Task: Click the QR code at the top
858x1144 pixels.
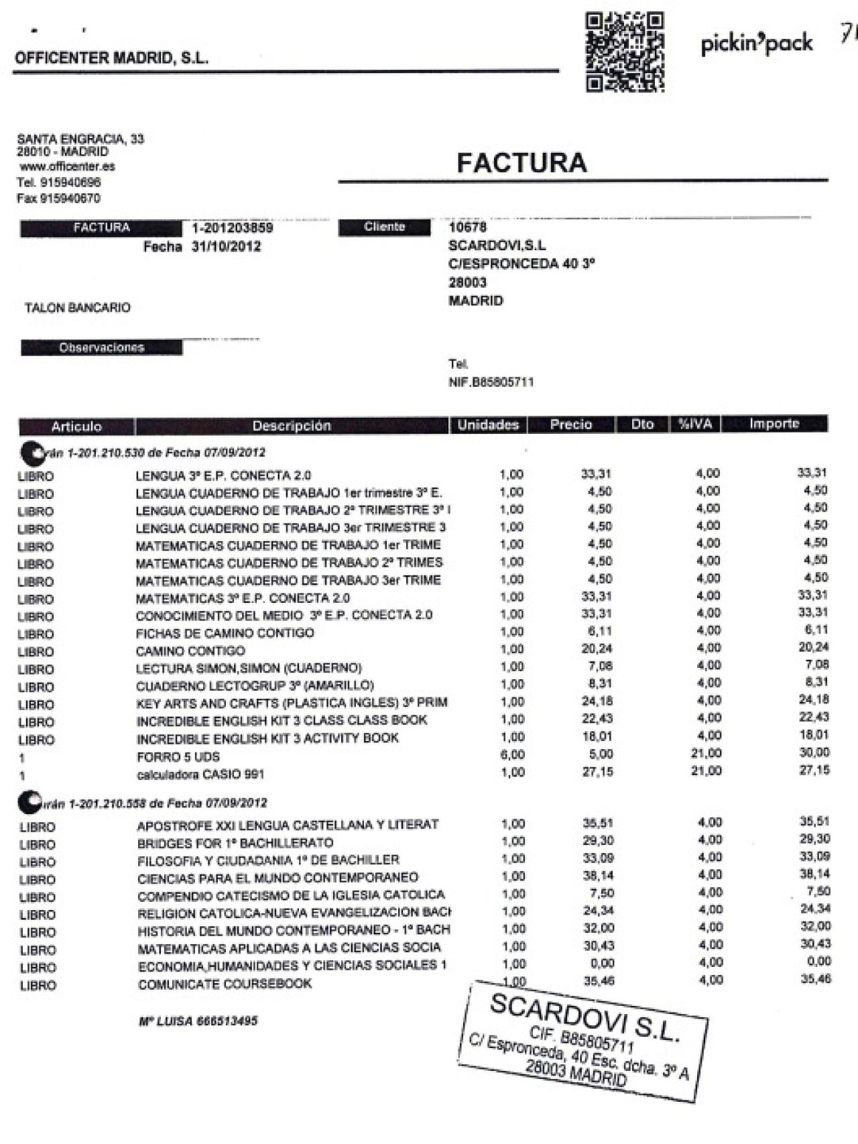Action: pyautogui.click(x=625, y=52)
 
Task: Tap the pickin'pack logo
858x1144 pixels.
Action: pyautogui.click(x=756, y=44)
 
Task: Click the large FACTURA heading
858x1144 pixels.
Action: pyautogui.click(x=522, y=163)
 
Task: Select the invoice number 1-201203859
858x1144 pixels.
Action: pyautogui.click(x=232, y=228)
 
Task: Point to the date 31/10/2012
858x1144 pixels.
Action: pyautogui.click(x=226, y=247)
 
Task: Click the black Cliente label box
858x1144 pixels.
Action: pyautogui.click(x=384, y=227)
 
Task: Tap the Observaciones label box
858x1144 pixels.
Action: pyautogui.click(x=101, y=347)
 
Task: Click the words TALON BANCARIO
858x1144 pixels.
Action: pyautogui.click(x=78, y=308)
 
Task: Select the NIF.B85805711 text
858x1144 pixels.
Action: pyautogui.click(x=491, y=382)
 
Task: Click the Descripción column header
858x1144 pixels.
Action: pyautogui.click(x=292, y=426)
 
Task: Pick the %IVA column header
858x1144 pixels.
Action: pyautogui.click(x=695, y=424)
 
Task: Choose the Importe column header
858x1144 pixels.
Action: pyautogui.click(x=774, y=424)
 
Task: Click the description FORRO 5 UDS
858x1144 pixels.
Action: pyautogui.click(x=178, y=756)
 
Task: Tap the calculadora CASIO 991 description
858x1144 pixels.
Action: pyautogui.click(x=200, y=775)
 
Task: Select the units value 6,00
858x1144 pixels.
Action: pyautogui.click(x=512, y=754)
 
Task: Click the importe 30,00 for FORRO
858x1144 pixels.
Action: pyautogui.click(x=814, y=752)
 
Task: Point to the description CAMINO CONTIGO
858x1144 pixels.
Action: pyautogui.click(x=190, y=651)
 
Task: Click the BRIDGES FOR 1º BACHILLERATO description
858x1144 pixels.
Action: pyautogui.click(x=235, y=843)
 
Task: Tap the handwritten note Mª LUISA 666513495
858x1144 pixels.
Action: pyautogui.click(x=198, y=1021)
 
